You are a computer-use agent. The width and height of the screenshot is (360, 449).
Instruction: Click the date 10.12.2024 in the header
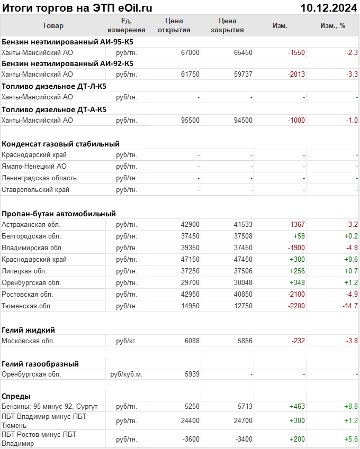click(x=328, y=7)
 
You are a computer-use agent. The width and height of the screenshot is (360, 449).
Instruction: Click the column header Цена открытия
click(x=174, y=25)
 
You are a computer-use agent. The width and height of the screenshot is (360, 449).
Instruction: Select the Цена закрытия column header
click(x=227, y=25)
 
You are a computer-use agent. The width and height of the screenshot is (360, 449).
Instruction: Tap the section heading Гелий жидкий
click(x=28, y=330)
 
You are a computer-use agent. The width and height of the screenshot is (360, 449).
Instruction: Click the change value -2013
click(x=296, y=75)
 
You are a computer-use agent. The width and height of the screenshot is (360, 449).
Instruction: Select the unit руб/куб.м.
click(x=127, y=374)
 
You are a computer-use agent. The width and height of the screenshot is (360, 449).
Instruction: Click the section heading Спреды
click(x=16, y=396)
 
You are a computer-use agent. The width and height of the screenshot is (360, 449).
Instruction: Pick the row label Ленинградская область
click(x=39, y=178)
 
